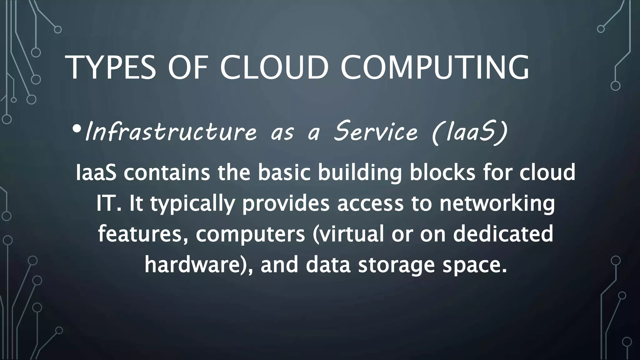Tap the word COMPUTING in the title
[435, 67]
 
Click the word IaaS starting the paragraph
[96, 172]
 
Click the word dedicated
[503, 234]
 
